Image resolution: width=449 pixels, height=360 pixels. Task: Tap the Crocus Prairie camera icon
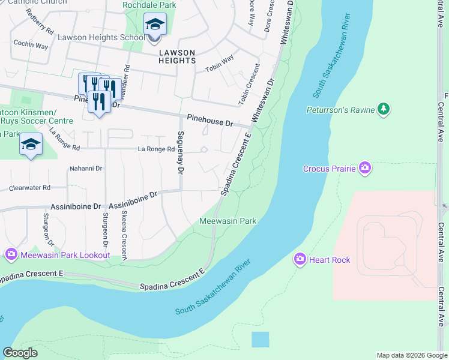tap(364, 168)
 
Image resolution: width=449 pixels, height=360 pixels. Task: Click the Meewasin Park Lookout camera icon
tap(11, 255)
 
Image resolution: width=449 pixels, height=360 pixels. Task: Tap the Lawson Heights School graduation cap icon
tap(155, 25)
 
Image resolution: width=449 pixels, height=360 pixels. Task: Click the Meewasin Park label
tap(228, 221)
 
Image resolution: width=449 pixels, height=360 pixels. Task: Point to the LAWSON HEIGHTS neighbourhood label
tap(177, 56)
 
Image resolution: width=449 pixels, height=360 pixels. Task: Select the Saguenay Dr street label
tap(179, 152)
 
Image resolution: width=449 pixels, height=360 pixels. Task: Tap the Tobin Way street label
tap(220, 62)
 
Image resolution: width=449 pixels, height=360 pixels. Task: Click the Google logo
tap(20, 353)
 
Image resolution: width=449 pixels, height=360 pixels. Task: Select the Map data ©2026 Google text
tap(411, 355)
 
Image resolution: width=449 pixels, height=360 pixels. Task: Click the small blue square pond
tap(261, 339)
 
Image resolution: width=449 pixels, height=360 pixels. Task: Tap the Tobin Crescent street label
tap(250, 85)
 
